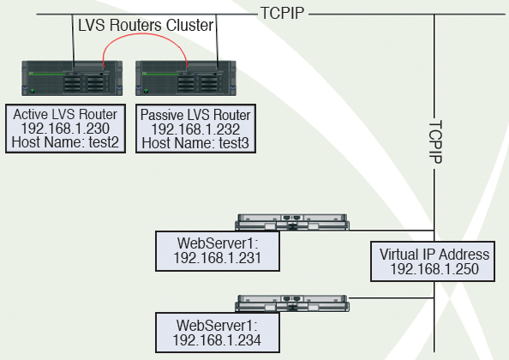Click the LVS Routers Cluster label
coord(146,26)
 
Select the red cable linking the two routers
coord(146,33)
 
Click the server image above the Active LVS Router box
coord(72,78)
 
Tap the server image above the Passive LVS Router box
coord(186,78)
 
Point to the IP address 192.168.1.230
coord(65,129)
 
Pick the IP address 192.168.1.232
coord(195,129)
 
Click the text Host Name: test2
coord(65,142)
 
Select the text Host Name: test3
coord(195,143)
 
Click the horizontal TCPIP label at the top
coord(283,14)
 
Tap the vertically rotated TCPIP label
coord(435,142)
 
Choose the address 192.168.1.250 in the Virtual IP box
coord(434,269)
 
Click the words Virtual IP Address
coord(434,255)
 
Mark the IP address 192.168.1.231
coord(217,258)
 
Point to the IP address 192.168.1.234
coord(217,340)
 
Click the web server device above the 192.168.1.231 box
coord(292,222)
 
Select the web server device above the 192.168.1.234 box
coord(292,303)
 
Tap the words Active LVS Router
coord(65,115)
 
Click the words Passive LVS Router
coord(195,115)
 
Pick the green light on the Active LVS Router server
coord(33,91)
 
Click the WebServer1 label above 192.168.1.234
coord(217,326)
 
